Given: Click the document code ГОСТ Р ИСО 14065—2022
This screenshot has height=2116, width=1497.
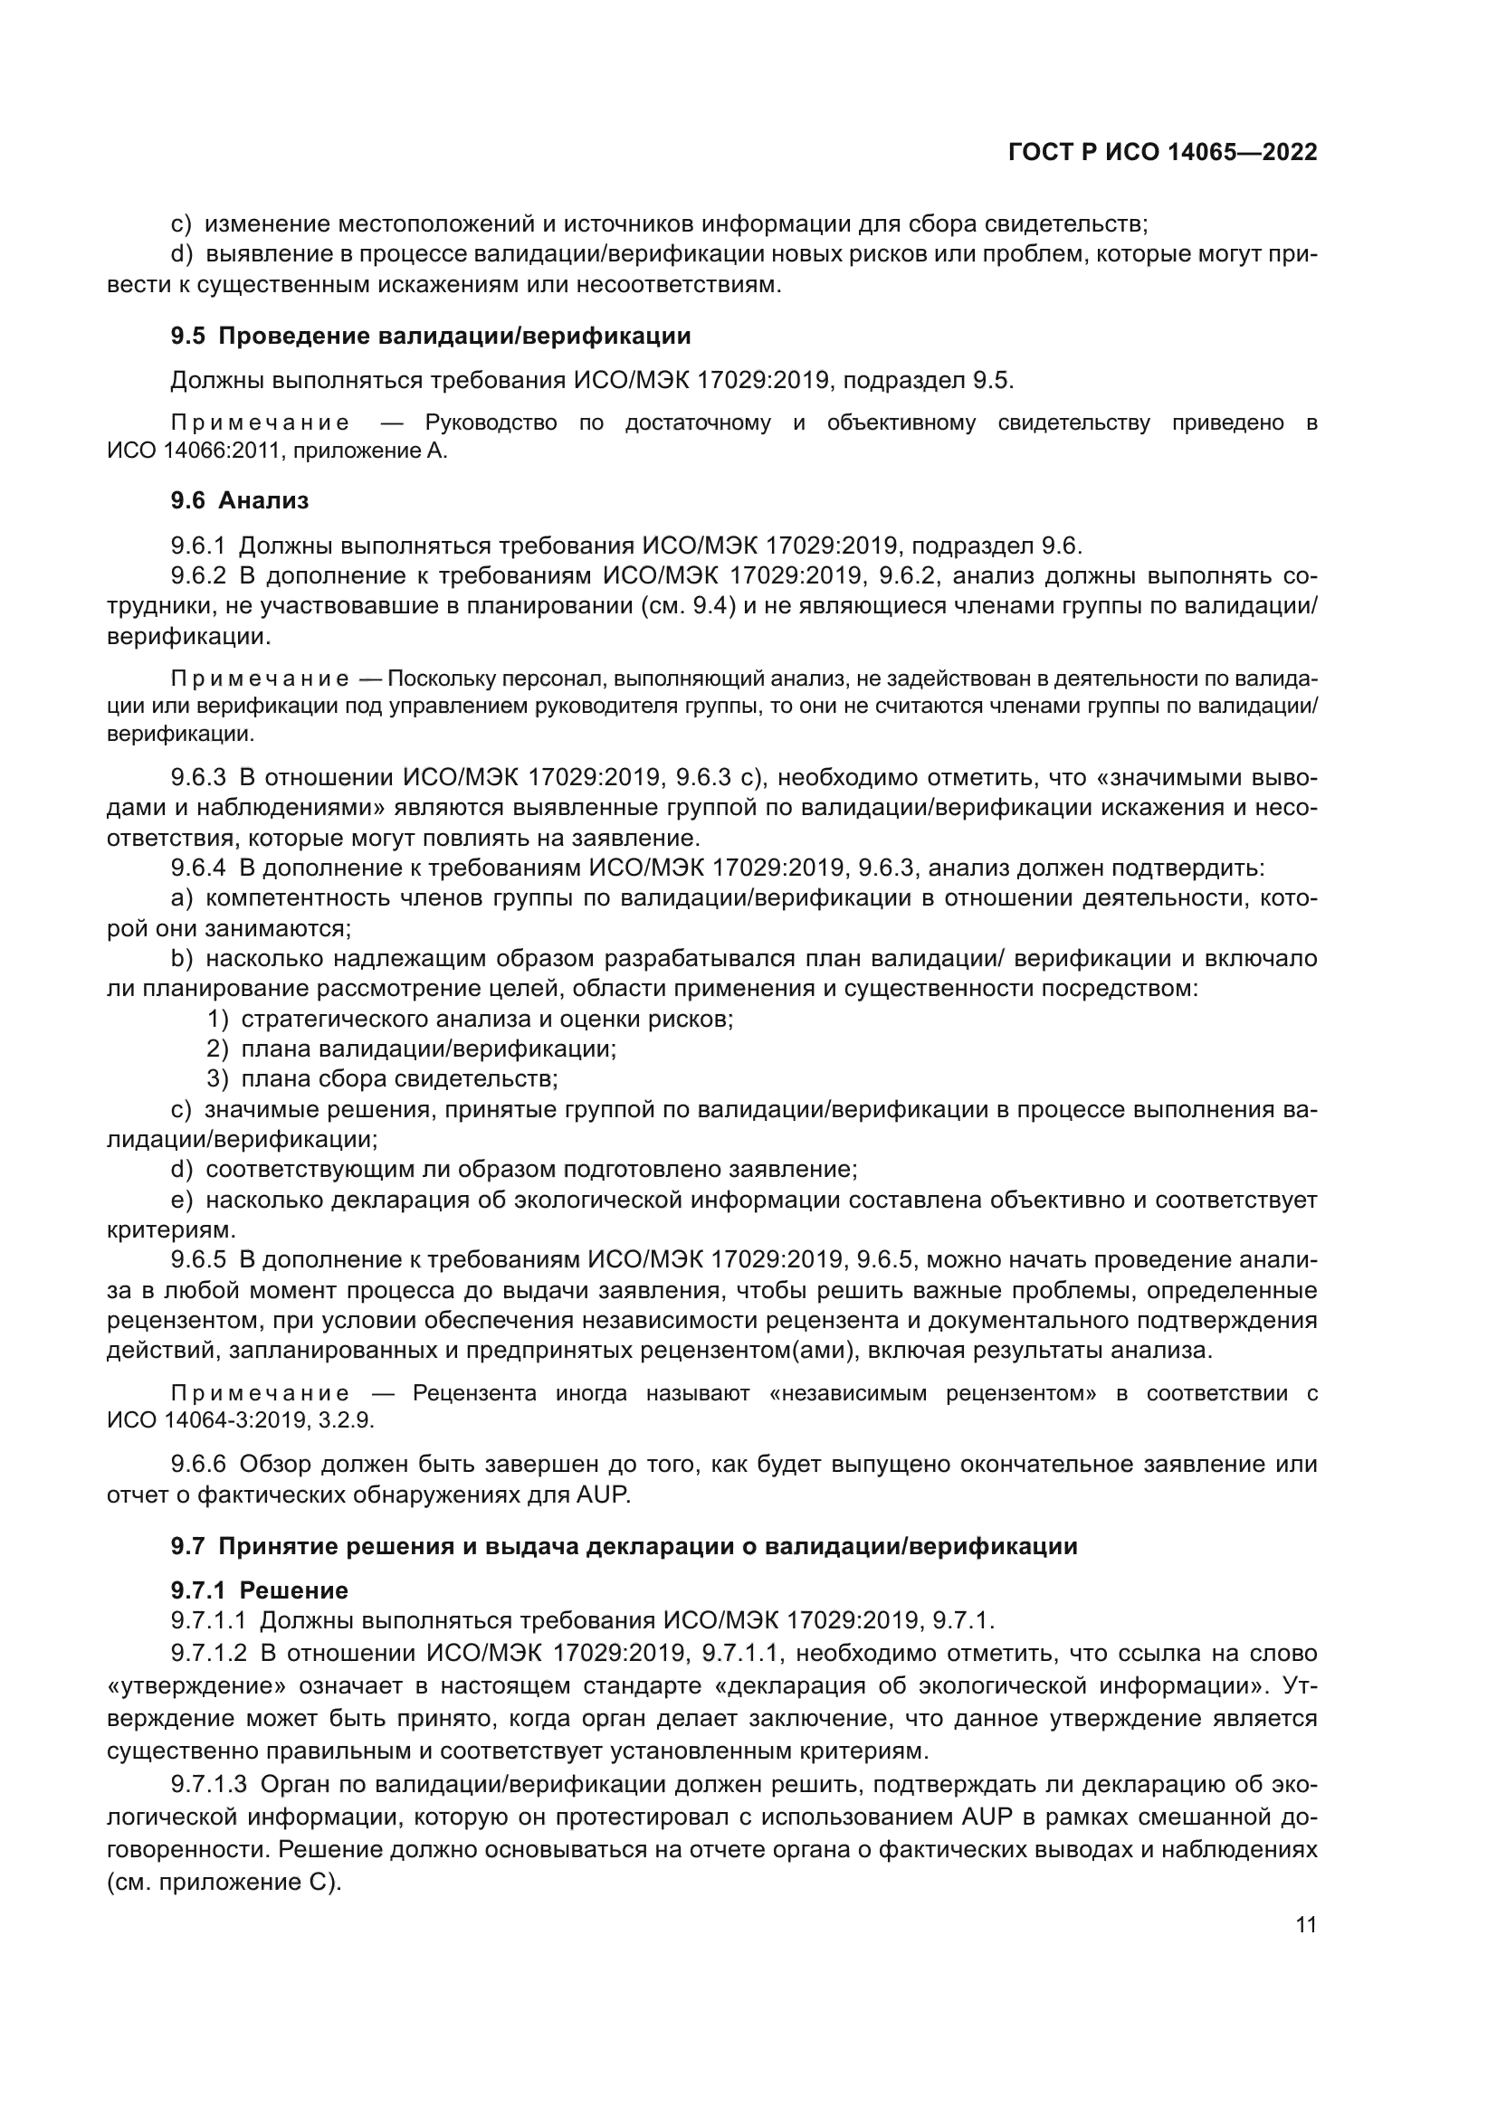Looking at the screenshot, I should pyautogui.click(x=1162, y=152).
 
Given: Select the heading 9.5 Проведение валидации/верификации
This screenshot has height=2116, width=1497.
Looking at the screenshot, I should pyautogui.click(x=431, y=337).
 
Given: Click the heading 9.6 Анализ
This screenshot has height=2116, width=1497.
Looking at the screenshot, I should pyautogui.click(x=240, y=500).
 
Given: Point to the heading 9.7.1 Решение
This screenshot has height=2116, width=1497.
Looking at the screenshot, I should pyautogui.click(x=259, y=1589).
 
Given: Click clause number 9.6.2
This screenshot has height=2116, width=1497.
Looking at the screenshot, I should pyautogui.click(x=198, y=576).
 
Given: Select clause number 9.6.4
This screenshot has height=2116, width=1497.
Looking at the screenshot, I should pyautogui.click(x=198, y=868).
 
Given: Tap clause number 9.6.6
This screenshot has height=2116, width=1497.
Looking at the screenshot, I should pyautogui.click(x=198, y=1464).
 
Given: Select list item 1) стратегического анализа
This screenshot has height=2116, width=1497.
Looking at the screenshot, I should pyautogui.click(x=470, y=1020).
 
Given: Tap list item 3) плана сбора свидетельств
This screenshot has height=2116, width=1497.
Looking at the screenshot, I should pyautogui.click(x=383, y=1078).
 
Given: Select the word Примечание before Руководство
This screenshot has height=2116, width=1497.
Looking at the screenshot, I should pyautogui.click(x=260, y=423).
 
